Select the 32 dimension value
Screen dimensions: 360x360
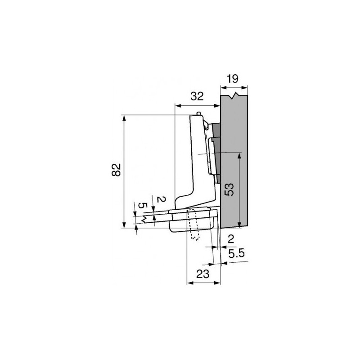197,96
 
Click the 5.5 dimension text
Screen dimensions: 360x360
236,254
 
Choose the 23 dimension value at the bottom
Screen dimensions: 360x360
204,274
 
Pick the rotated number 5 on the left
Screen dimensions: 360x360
141,205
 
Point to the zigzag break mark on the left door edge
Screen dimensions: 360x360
143,220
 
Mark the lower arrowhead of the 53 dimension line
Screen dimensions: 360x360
239,224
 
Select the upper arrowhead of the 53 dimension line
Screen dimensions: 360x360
239,156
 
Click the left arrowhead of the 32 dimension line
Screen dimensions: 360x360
177,106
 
